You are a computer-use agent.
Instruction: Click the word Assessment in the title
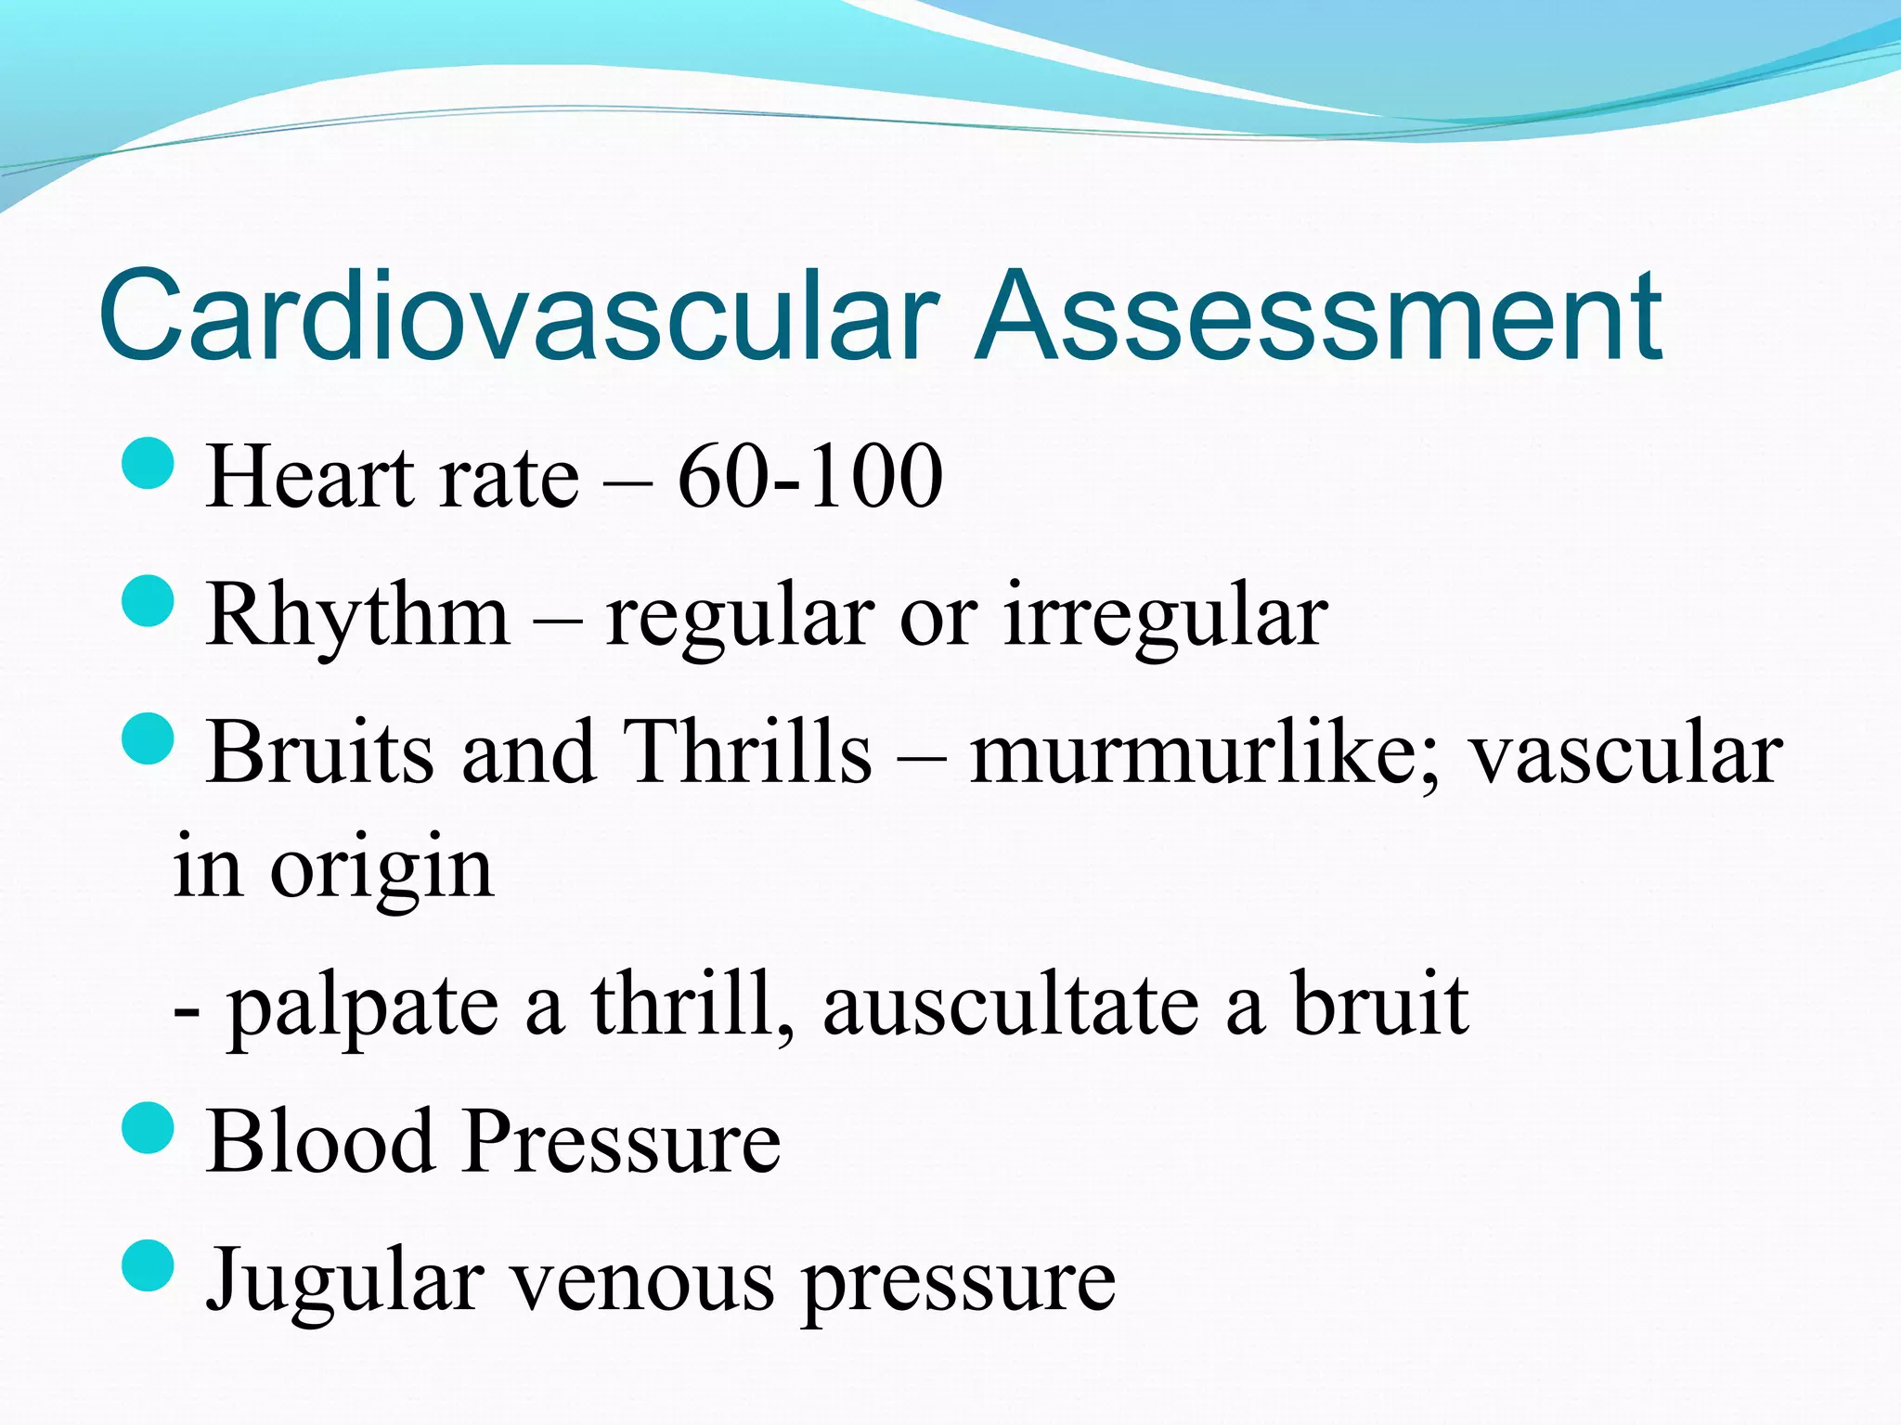tap(1318, 315)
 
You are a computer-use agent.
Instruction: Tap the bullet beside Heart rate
tap(148, 464)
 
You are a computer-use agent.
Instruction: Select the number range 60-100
tap(809, 477)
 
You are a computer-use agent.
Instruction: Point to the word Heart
tap(311, 477)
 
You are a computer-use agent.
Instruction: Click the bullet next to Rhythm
tap(148, 601)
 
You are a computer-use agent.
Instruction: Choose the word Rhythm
tap(358, 616)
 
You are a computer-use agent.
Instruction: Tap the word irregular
tap(1165, 616)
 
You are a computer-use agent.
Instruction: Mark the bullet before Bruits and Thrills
tap(148, 738)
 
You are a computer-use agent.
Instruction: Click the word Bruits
tap(319, 751)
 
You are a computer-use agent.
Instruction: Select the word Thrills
tap(748, 751)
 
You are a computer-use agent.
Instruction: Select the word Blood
tap(321, 1141)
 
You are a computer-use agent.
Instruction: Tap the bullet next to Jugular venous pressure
tap(148, 1265)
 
